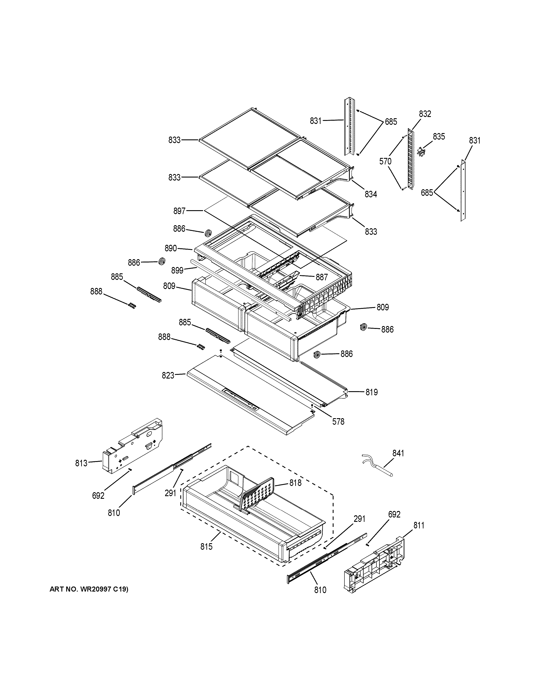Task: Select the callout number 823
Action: tap(168, 375)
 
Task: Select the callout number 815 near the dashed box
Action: tap(206, 546)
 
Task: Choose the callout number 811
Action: tap(419, 525)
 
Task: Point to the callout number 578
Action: tap(338, 421)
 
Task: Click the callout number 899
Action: tap(177, 271)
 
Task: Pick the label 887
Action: tap(322, 277)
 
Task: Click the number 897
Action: tap(179, 211)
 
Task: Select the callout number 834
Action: tap(371, 194)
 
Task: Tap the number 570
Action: tap(385, 161)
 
